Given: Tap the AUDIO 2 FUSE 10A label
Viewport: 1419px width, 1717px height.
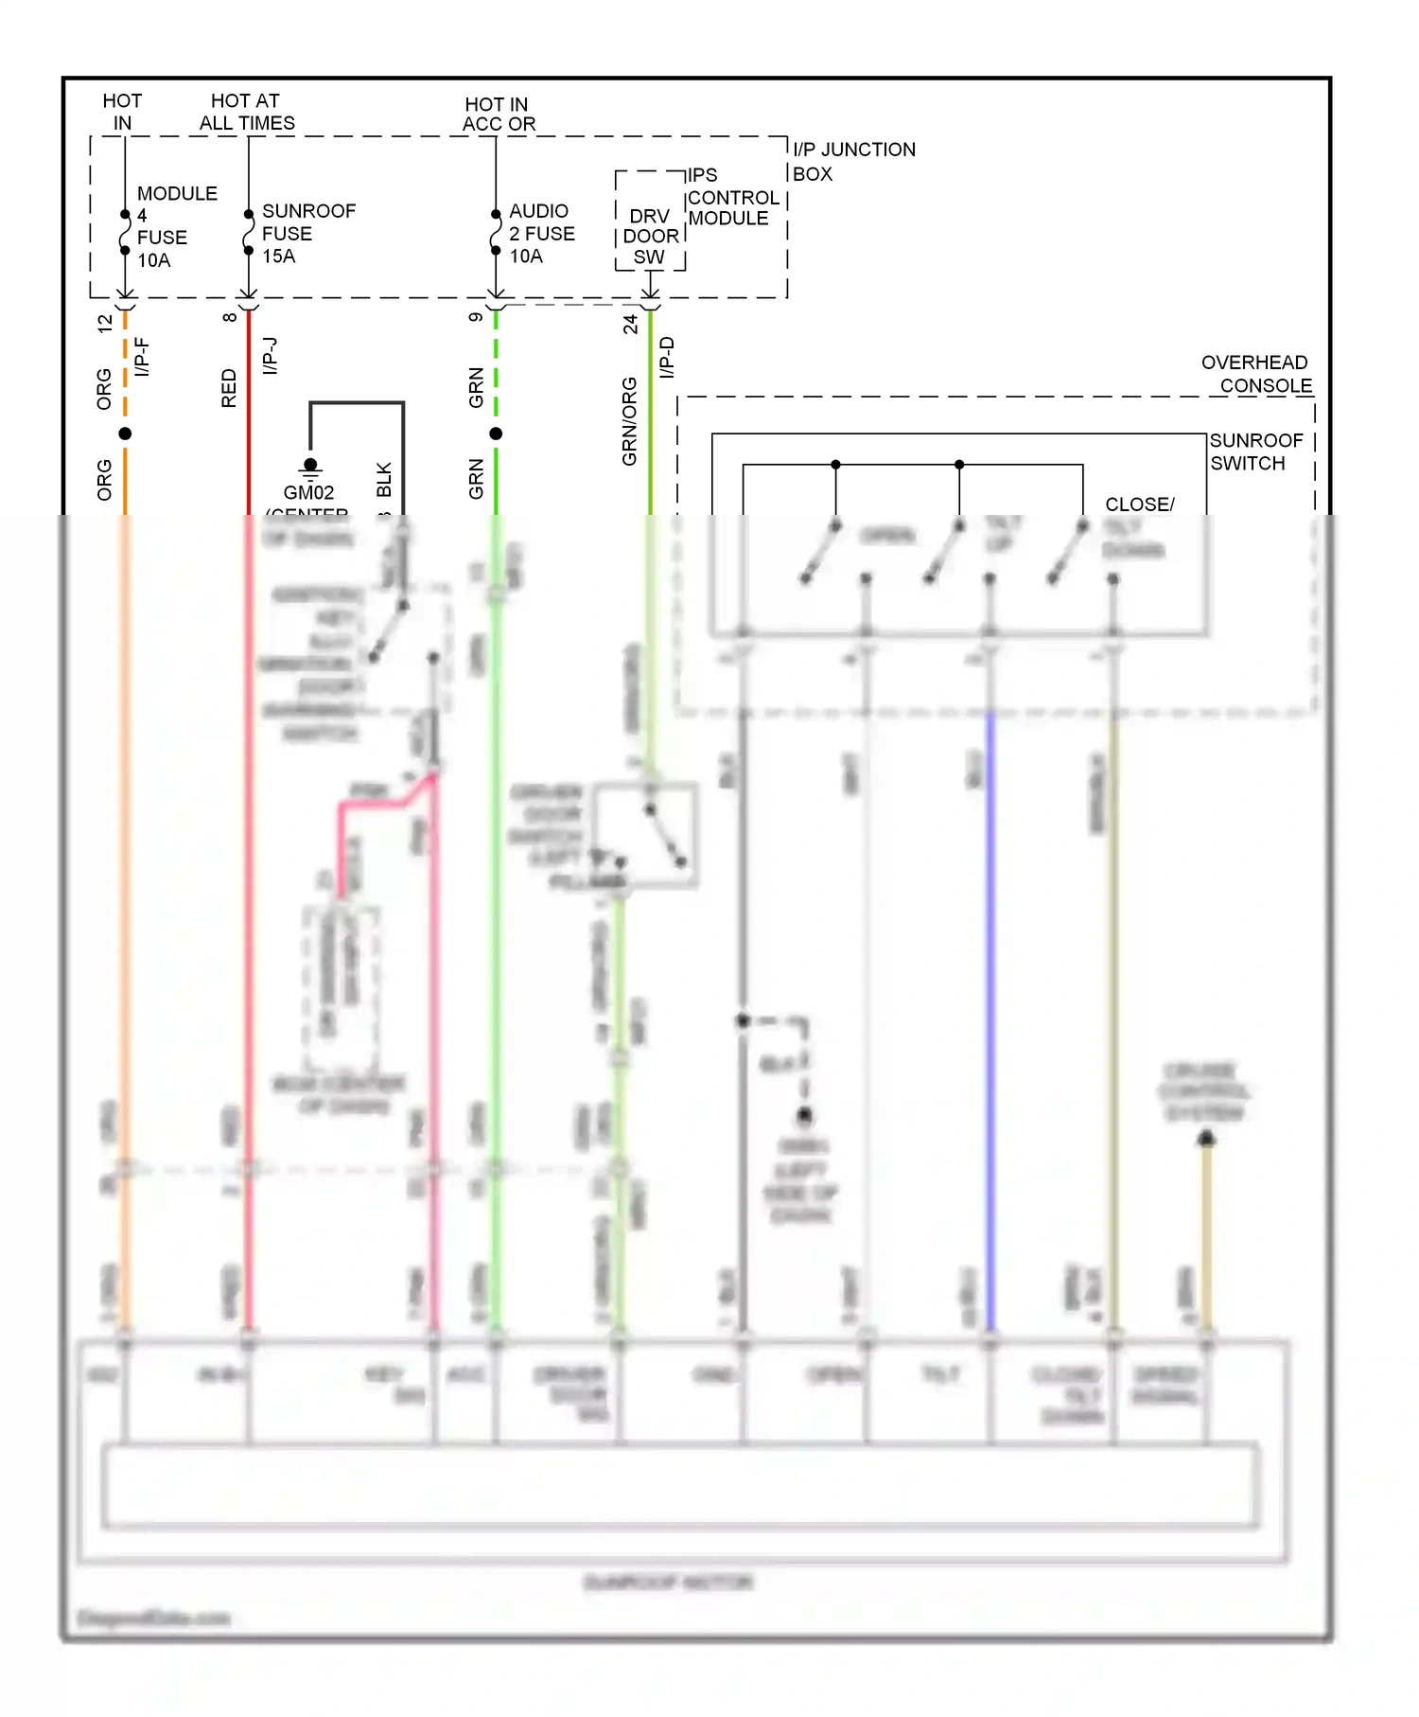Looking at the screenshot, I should point(541,233).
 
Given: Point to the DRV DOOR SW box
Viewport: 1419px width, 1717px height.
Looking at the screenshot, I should point(650,237).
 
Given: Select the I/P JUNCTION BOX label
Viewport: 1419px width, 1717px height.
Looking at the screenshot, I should point(852,162).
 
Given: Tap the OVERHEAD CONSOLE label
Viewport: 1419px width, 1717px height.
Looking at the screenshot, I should point(1256,374).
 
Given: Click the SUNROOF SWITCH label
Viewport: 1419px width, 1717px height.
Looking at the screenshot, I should point(1255,451).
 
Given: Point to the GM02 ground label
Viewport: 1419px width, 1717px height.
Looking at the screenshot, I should point(308,492).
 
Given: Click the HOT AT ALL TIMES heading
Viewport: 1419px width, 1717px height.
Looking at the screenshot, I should point(246,112).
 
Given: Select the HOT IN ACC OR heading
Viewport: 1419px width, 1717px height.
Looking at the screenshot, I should point(499,114).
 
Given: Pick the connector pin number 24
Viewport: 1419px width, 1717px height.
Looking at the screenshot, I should point(630,324).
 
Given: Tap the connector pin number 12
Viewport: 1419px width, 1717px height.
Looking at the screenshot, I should point(105,323).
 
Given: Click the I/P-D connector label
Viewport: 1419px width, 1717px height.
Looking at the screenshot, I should point(667,357).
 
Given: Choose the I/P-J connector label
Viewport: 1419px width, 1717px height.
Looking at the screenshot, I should point(270,355).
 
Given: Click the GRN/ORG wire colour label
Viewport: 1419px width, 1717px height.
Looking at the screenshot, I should point(629,421).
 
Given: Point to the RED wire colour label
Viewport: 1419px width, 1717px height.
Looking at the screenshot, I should point(229,388).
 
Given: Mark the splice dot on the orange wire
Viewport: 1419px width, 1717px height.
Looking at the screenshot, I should point(125,434).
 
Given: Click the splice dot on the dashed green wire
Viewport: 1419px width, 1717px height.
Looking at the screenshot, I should point(496,434).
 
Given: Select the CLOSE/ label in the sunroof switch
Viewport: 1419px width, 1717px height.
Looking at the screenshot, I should point(1139,504).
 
